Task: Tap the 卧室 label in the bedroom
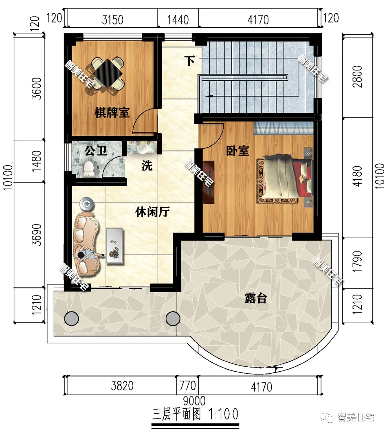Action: (x=237, y=151)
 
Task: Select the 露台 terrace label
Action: (x=255, y=298)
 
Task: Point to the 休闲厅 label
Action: (x=152, y=212)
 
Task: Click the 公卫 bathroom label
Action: (x=96, y=151)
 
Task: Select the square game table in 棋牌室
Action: (x=108, y=73)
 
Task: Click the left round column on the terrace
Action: (x=71, y=318)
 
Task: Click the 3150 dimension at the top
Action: (x=112, y=19)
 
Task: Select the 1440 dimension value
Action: (x=178, y=19)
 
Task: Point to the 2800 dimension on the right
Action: (x=358, y=76)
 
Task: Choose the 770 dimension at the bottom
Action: (x=187, y=386)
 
